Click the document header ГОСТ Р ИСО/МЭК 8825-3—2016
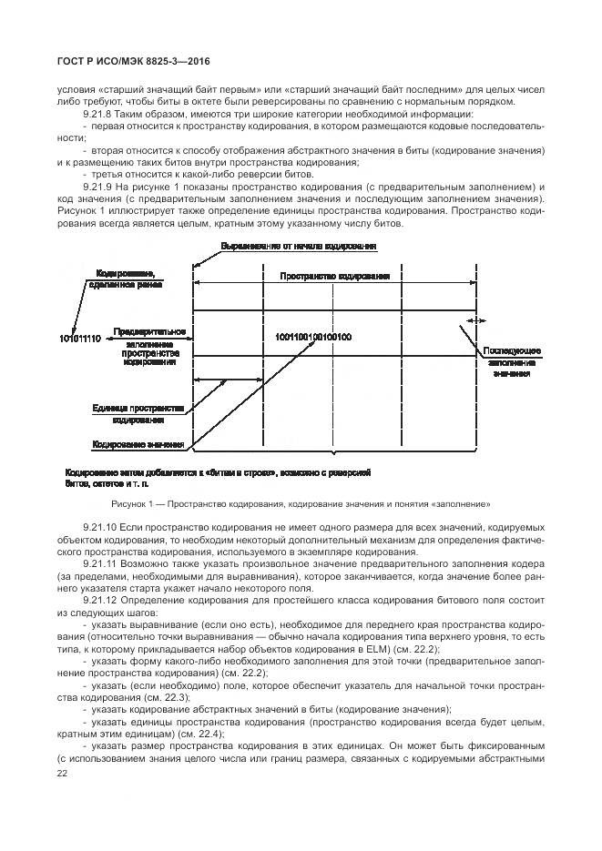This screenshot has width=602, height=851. (x=128, y=61)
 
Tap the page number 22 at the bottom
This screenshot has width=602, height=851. (x=62, y=773)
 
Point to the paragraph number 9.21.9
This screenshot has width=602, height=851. (x=97, y=185)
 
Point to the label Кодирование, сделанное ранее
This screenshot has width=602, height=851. (x=125, y=279)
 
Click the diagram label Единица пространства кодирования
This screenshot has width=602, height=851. (x=138, y=414)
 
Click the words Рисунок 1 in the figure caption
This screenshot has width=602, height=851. (x=132, y=502)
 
